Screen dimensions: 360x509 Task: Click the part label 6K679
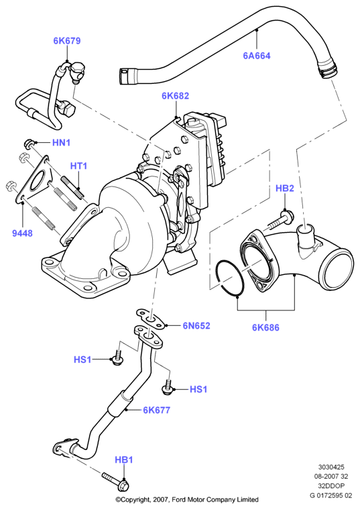(x=67, y=41)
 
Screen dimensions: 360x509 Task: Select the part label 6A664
(x=257, y=56)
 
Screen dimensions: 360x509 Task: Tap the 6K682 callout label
(x=175, y=96)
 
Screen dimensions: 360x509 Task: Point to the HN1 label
(x=62, y=143)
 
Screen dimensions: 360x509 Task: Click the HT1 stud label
(x=78, y=166)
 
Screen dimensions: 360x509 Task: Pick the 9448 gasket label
(x=22, y=233)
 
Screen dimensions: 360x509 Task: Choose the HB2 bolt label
(x=285, y=188)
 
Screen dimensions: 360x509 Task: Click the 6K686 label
(x=265, y=327)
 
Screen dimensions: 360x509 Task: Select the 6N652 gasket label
(x=196, y=326)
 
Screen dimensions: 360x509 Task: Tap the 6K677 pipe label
(x=156, y=410)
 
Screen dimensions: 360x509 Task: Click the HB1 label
(x=124, y=460)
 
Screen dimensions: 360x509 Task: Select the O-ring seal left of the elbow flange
(x=229, y=278)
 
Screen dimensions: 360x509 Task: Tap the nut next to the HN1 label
(x=28, y=143)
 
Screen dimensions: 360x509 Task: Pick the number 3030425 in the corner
(x=331, y=467)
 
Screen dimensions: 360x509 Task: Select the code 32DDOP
(x=331, y=486)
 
